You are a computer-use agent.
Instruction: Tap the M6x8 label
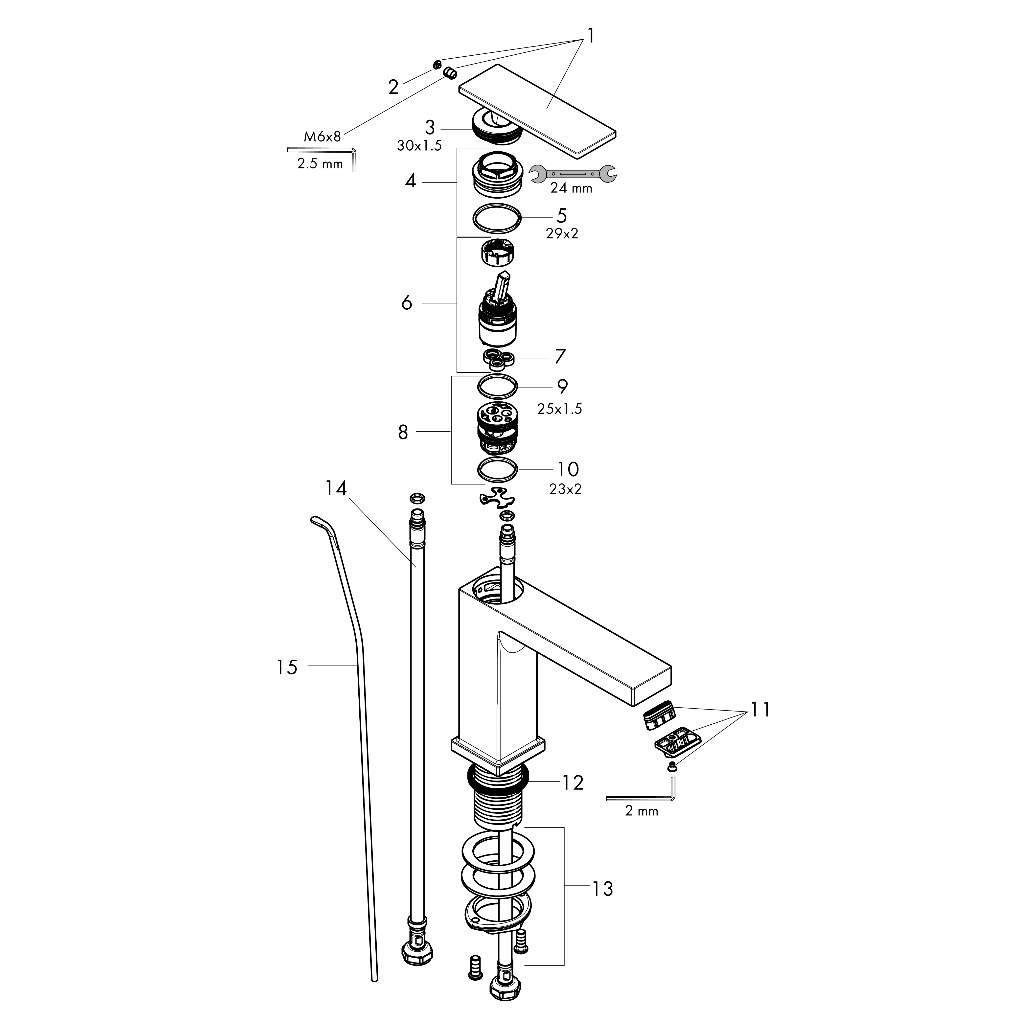(x=322, y=137)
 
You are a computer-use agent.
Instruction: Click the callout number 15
(x=287, y=668)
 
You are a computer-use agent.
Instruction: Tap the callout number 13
(x=602, y=889)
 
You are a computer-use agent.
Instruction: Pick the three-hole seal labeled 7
(x=498, y=359)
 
